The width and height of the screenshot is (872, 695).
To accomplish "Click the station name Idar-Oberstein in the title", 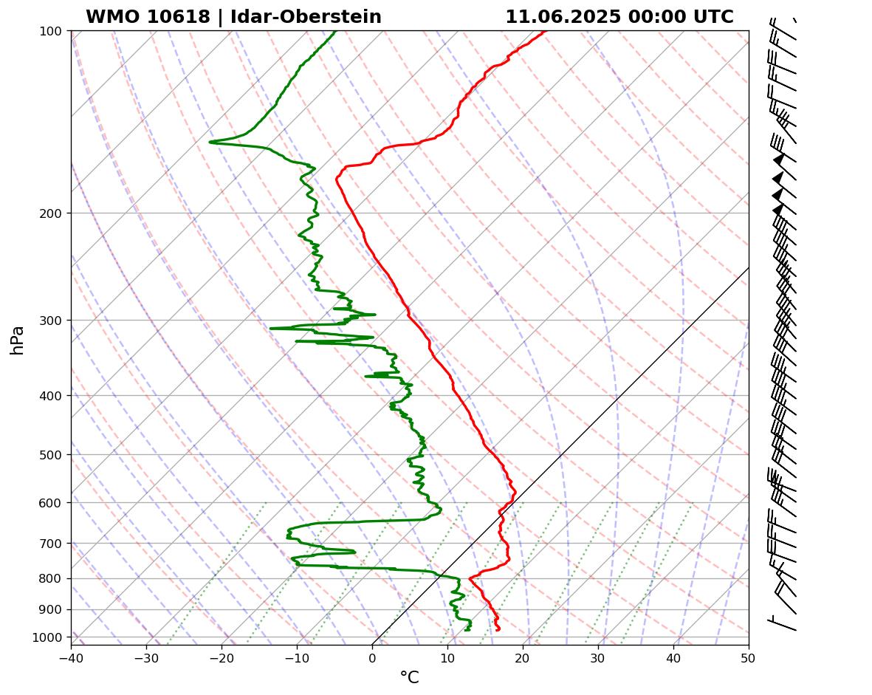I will click(x=306, y=17).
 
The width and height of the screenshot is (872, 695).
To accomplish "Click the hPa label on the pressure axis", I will click(x=17, y=340).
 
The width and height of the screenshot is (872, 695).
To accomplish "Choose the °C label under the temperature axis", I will click(x=409, y=678).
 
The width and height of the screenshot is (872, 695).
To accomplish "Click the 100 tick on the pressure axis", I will click(x=52, y=31).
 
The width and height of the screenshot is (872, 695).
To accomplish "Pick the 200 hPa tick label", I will click(x=52, y=213).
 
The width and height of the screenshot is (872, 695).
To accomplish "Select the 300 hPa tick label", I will click(x=52, y=321).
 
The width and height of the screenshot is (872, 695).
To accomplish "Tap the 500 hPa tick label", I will click(x=52, y=455).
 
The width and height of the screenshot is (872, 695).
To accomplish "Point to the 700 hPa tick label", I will click(x=52, y=544).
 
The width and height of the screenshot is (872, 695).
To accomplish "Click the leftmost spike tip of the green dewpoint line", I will click(x=210, y=142).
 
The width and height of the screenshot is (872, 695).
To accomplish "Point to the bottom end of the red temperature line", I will click(x=498, y=630).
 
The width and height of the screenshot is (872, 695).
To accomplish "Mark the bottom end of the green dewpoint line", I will click(x=467, y=630).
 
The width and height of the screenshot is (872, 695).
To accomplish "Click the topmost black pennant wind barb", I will click(x=778, y=160).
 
